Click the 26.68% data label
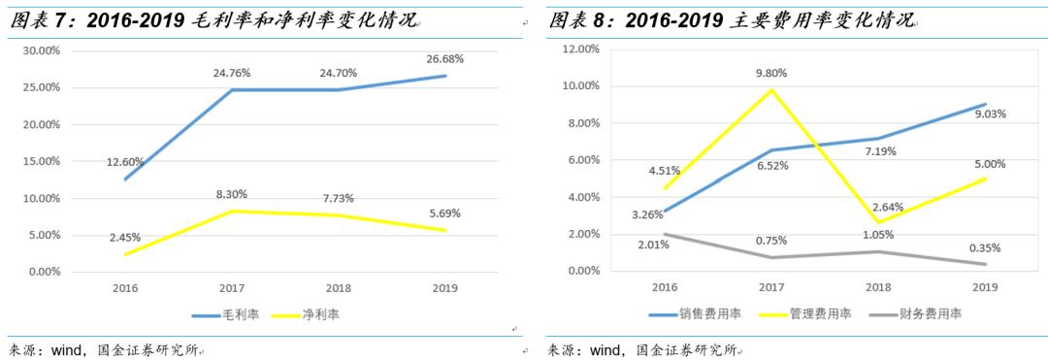pos(444,58)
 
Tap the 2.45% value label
pos(126,237)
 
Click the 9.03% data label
pos(984,114)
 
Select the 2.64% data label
pos(877,207)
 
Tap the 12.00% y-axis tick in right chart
pos(580,49)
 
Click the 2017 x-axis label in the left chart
pos(232,288)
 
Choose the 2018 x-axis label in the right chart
pos(877,287)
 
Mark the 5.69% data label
pos(444,213)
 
